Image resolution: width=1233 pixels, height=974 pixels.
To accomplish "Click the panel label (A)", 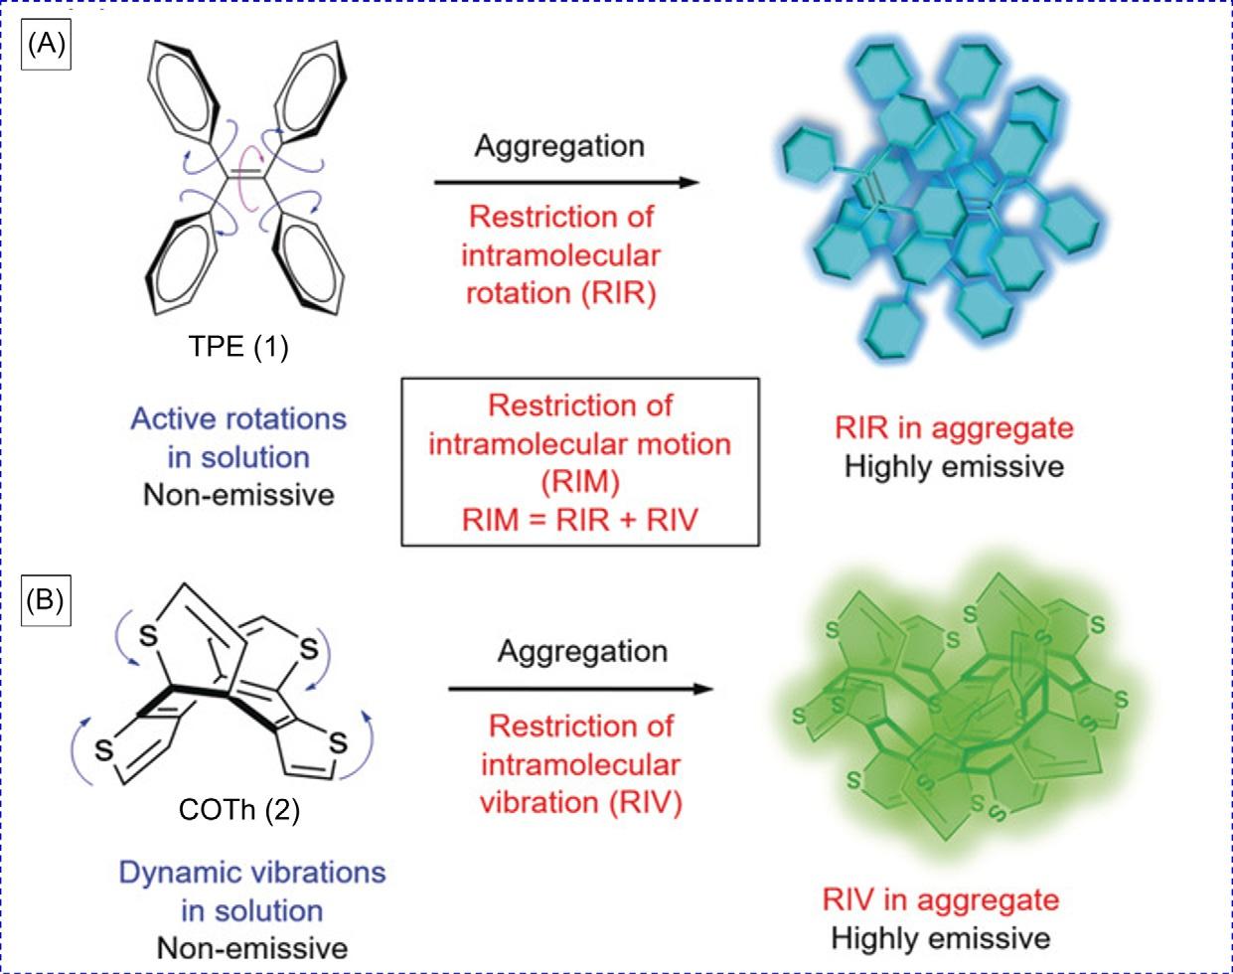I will (x=47, y=46).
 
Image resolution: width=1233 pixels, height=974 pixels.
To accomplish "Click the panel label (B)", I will (x=47, y=602).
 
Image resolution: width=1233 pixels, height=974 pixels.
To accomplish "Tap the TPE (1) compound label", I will (x=238, y=348).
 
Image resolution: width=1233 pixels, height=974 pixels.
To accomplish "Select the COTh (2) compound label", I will (x=239, y=810).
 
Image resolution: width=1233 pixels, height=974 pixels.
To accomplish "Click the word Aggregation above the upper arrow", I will (x=559, y=145).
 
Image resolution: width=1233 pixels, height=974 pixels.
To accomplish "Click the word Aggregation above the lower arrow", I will (x=582, y=652).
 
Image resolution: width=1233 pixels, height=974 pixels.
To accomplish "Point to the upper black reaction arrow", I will (x=566, y=183).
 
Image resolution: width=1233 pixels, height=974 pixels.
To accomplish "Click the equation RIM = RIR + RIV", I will (x=580, y=518).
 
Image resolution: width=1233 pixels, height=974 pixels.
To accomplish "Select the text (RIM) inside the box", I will (x=580, y=481).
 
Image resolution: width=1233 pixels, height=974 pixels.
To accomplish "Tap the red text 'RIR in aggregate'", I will (x=954, y=428).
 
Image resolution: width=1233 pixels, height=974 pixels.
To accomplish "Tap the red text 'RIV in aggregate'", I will (x=941, y=899).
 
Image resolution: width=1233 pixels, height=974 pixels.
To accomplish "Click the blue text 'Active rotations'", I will (x=238, y=418).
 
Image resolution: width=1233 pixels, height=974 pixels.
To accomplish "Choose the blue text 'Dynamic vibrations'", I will (x=252, y=873).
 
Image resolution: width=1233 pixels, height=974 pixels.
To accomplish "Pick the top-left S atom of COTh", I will (x=149, y=635).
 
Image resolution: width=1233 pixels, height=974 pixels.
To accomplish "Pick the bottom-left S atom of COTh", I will (x=103, y=751).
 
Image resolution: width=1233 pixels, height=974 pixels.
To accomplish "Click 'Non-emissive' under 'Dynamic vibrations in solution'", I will (x=252, y=947).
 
